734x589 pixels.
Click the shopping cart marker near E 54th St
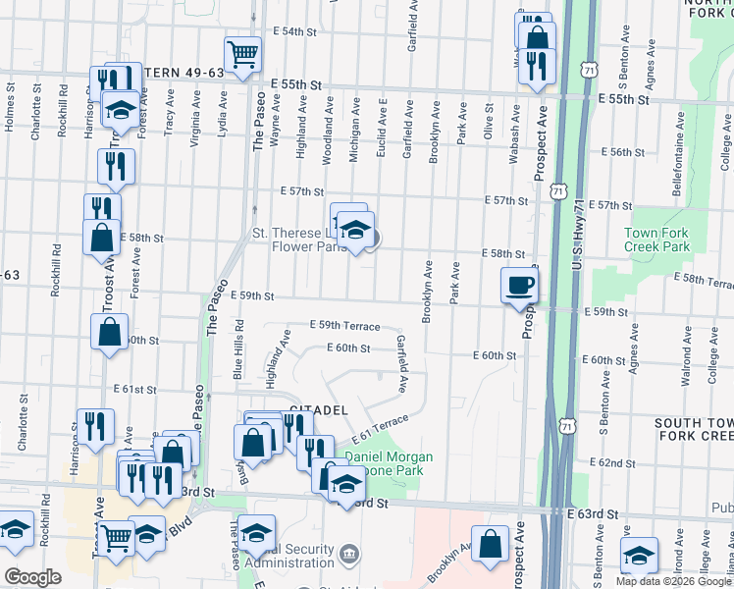coord(241,53)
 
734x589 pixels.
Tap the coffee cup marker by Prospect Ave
coord(519,286)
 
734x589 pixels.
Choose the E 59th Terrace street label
coord(344,325)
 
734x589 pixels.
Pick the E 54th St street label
coord(301,31)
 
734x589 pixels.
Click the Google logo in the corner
coord(32,577)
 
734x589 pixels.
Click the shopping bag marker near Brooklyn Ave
coord(490,545)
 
